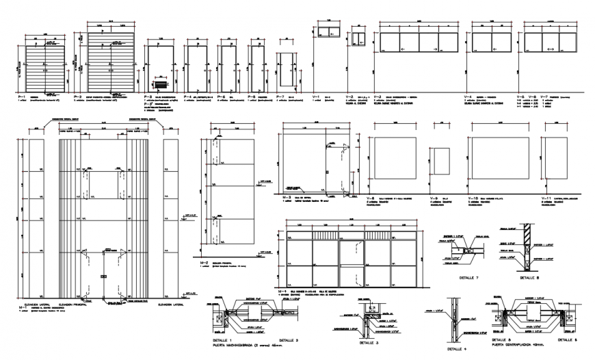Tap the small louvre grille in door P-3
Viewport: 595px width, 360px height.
point(161,85)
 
